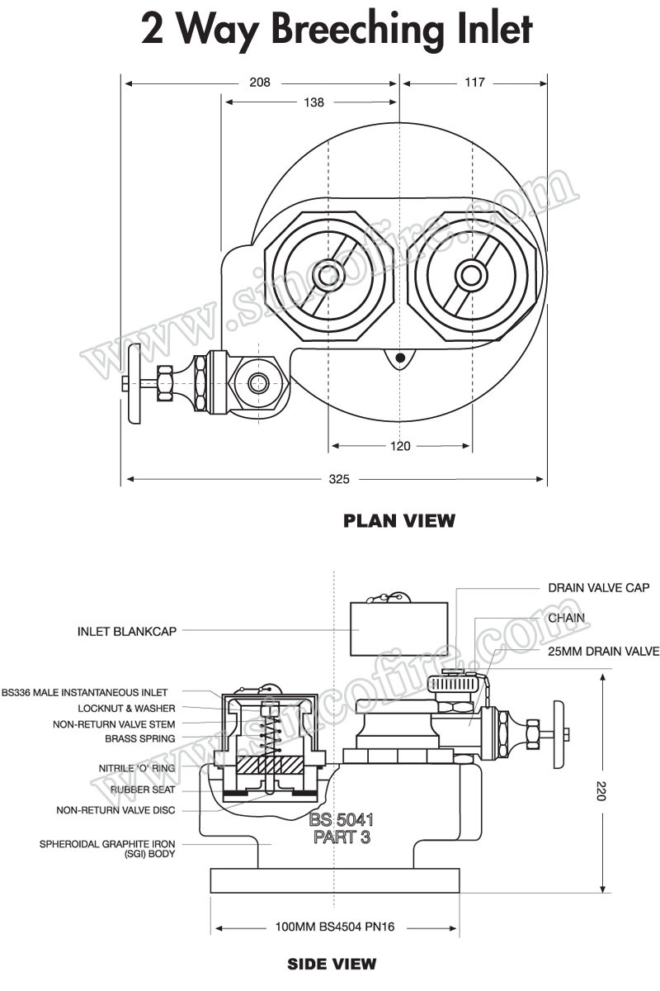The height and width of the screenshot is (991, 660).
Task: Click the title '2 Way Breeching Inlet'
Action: tap(336, 31)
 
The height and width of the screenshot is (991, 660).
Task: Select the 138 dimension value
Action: tap(313, 102)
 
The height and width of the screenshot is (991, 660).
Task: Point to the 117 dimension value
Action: tap(474, 83)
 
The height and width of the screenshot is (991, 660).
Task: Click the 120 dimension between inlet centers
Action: tap(400, 447)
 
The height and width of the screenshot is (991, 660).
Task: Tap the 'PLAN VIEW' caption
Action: tap(398, 521)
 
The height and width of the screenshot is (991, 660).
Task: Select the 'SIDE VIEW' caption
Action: tap(332, 964)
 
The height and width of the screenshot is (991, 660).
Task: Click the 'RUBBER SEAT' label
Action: tap(142, 789)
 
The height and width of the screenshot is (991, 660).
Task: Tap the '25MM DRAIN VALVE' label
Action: tap(604, 652)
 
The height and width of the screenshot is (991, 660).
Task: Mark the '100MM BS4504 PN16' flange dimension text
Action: tap(335, 927)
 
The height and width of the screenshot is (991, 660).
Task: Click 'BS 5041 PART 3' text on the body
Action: tap(342, 828)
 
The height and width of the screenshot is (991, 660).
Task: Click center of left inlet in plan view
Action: tap(328, 275)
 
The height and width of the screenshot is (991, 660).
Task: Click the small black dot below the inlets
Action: tap(400, 358)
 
